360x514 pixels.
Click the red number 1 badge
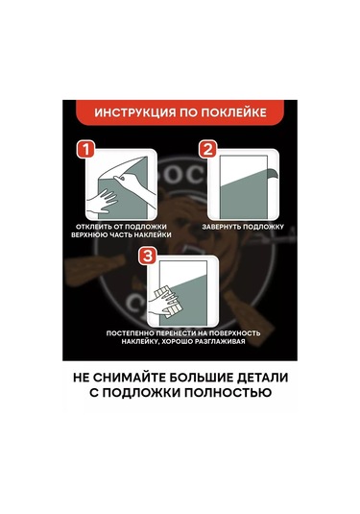point(85,150)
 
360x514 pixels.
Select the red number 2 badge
point(208,150)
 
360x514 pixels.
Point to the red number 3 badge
point(148,256)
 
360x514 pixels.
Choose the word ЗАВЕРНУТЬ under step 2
point(221,227)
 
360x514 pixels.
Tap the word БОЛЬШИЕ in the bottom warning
point(201,378)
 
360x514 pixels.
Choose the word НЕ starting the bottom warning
point(81,378)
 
